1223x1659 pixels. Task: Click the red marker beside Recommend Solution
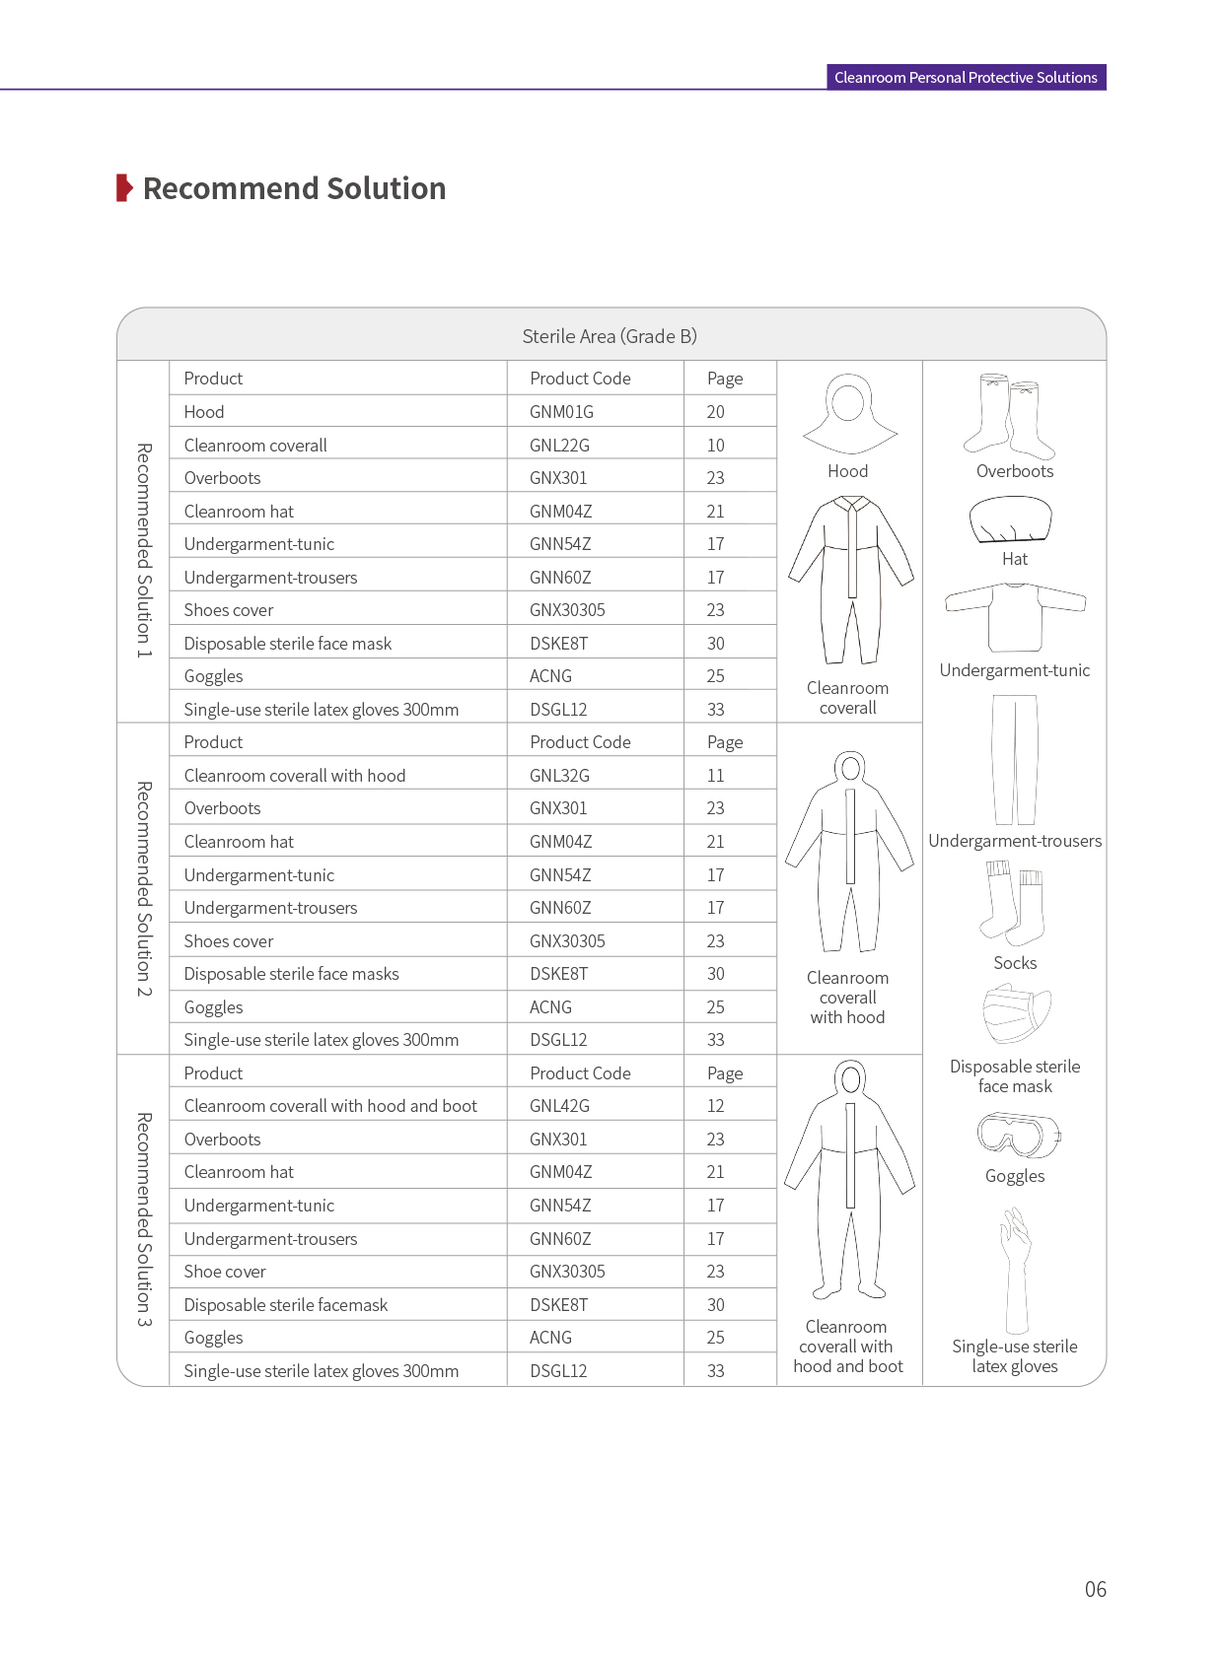click(124, 187)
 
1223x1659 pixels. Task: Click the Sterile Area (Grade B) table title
click(610, 336)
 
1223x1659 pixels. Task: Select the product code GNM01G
click(561, 412)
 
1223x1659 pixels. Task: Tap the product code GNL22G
click(559, 446)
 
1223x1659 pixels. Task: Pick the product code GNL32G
click(559, 776)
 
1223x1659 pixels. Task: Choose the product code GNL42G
click(559, 1106)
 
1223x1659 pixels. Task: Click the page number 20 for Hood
click(715, 412)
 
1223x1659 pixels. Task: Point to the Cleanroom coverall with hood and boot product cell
click(330, 1106)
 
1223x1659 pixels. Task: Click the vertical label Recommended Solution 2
click(144, 889)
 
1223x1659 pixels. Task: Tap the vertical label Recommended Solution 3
click(144, 1219)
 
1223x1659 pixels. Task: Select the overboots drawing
click(1014, 416)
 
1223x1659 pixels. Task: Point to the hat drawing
click(1011, 519)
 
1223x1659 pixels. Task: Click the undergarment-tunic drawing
click(1015, 616)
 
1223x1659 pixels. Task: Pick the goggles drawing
click(1018, 1135)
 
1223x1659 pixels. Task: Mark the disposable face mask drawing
click(1016, 1013)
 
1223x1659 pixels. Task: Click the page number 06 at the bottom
click(1095, 1589)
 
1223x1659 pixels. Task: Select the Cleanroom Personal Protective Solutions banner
click(966, 77)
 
